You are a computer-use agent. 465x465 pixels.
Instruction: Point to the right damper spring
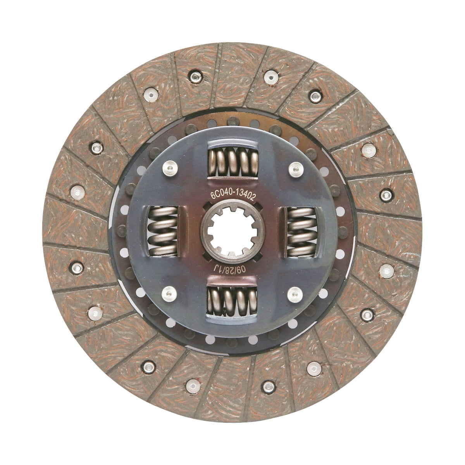301,231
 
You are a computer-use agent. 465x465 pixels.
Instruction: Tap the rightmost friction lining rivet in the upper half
385,195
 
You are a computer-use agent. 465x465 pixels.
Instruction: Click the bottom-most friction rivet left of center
193,385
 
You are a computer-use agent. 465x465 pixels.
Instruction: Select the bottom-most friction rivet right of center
268,386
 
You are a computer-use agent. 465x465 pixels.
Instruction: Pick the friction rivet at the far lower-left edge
94,313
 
